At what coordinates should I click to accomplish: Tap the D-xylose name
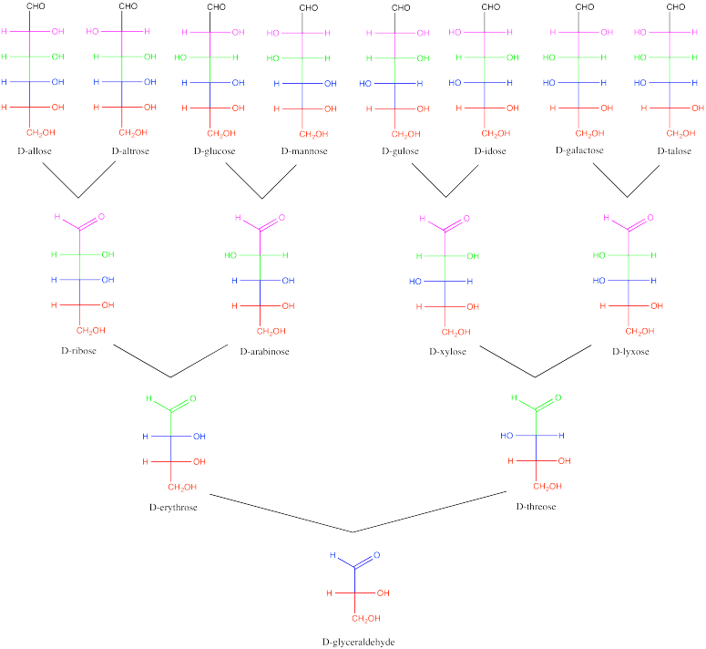pos(445,350)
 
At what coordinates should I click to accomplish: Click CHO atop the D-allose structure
pos(33,9)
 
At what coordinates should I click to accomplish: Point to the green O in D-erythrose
pos(193,398)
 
